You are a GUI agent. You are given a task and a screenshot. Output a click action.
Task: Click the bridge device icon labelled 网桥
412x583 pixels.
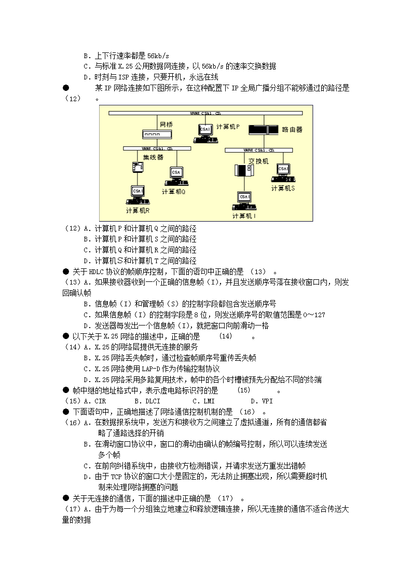157,135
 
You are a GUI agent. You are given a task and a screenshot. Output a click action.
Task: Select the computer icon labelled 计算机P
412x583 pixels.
204,132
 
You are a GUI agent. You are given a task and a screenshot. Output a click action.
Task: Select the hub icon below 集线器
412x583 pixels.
138,167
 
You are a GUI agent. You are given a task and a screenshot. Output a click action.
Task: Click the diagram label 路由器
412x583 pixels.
292,129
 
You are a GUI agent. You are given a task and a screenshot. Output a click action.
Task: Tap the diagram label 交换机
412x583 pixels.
258,161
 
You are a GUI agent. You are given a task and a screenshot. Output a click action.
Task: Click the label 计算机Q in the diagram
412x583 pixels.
173,192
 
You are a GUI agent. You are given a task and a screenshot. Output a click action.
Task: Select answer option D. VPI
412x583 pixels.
262,401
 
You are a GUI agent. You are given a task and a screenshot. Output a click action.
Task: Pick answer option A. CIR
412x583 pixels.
93,401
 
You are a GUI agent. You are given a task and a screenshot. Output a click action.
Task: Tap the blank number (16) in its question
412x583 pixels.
245,412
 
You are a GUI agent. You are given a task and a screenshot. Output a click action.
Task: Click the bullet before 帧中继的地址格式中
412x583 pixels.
66,390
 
